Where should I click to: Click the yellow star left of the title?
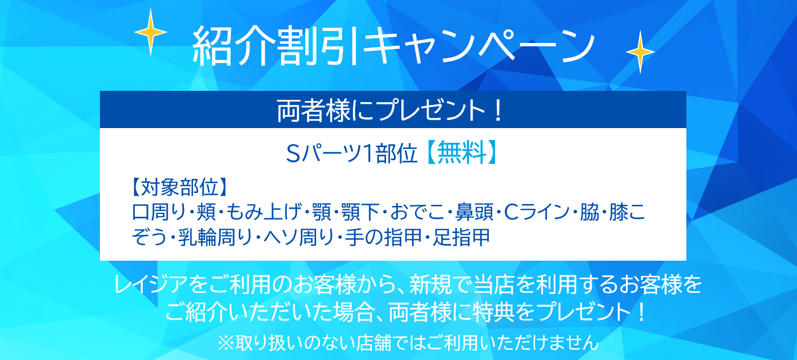coord(151,32)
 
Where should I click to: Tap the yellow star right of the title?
coord(640,52)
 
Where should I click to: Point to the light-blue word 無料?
coord(462,152)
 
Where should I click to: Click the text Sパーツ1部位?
coord(352,153)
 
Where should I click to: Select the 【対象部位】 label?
coord(179,187)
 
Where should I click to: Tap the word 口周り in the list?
coord(159,212)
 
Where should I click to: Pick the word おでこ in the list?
coord(417,212)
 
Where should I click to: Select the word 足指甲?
coord(462,237)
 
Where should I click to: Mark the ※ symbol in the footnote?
coord(226,343)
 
